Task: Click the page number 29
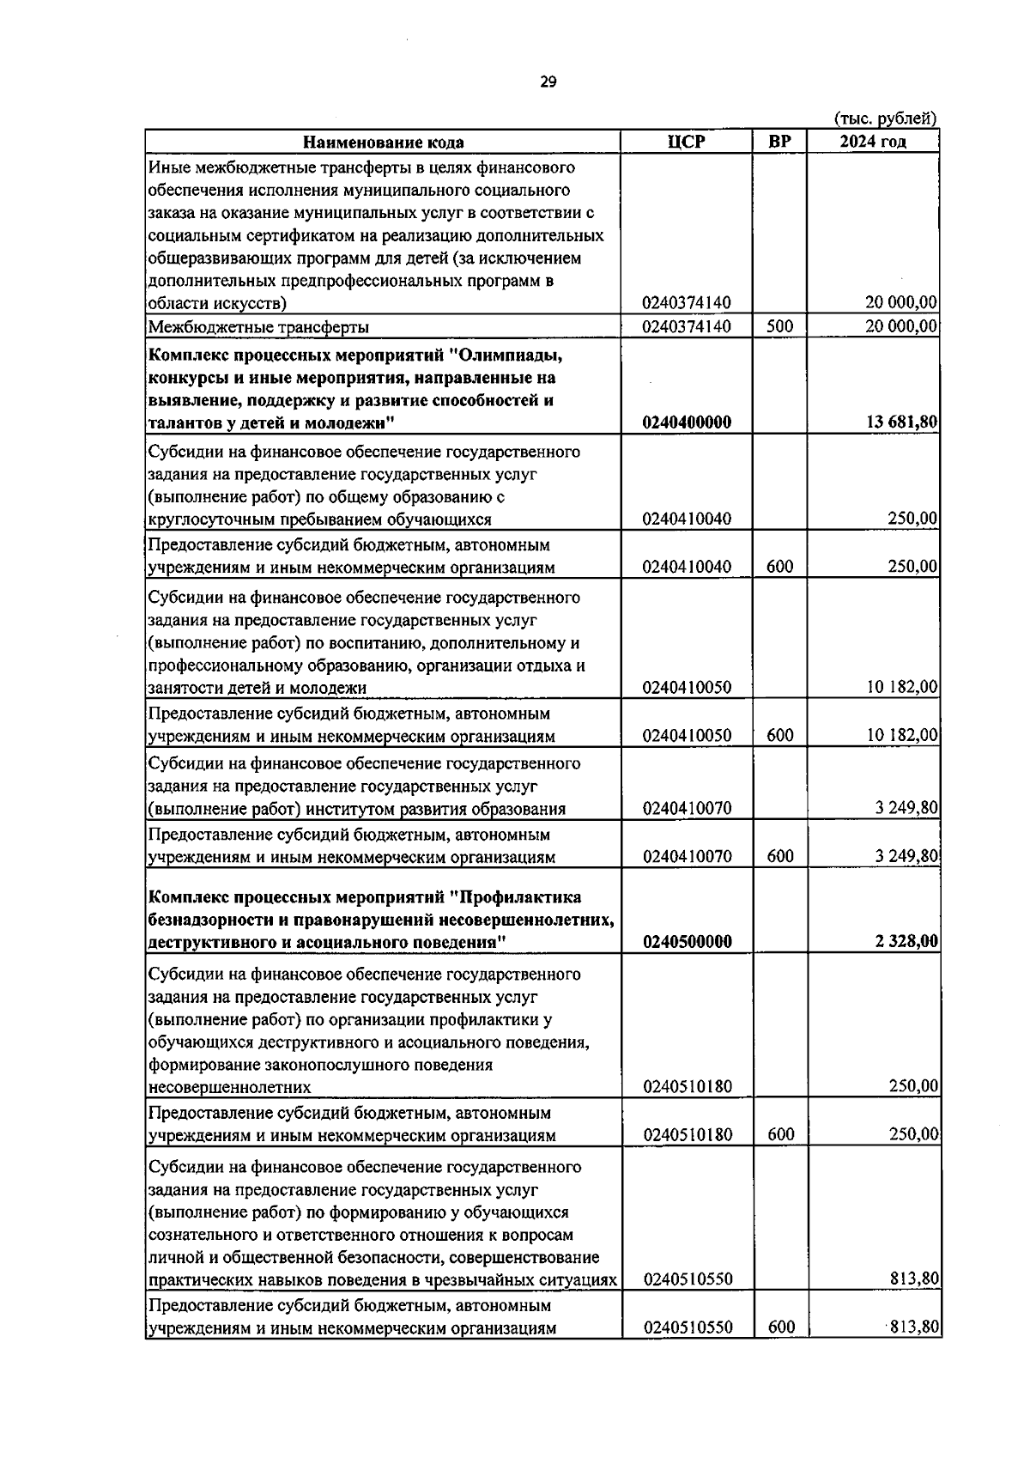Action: [548, 82]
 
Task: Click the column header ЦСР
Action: [686, 143]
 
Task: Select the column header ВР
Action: [779, 143]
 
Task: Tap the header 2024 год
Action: [872, 143]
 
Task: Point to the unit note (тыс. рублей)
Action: [885, 119]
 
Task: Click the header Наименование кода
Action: [383, 143]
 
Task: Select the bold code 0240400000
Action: [687, 422]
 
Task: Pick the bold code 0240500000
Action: [687, 942]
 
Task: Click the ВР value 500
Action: [780, 326]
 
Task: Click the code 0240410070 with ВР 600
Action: [687, 857]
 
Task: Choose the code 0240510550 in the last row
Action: [687, 1352]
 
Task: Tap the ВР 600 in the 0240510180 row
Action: [780, 1135]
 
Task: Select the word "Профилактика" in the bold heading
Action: [521, 898]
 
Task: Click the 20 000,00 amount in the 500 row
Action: [901, 326]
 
